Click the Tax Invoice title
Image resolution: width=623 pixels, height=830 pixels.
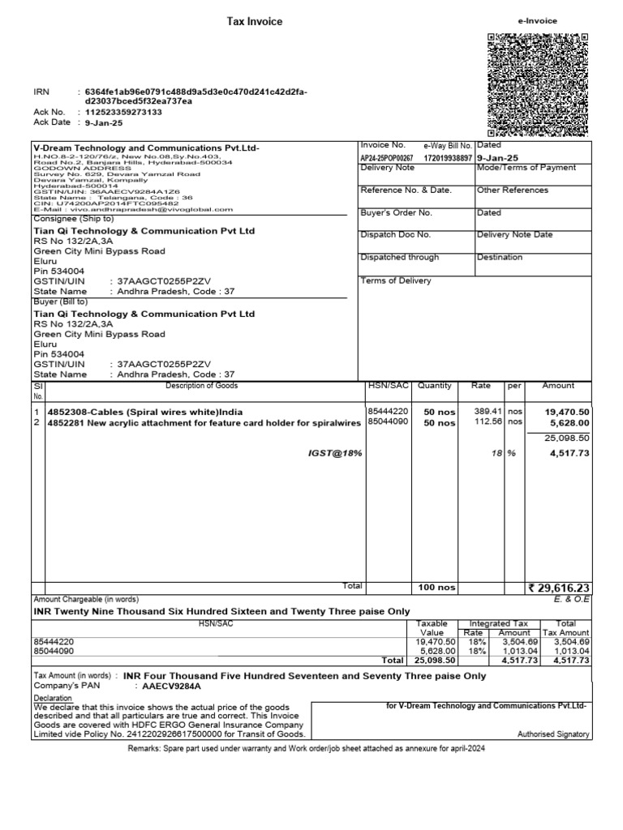(x=254, y=22)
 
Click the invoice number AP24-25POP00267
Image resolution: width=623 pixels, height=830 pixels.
(x=387, y=158)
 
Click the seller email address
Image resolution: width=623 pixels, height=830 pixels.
(x=146, y=208)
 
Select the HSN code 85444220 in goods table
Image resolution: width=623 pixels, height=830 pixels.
(x=388, y=411)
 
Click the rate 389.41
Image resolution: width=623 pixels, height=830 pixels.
(x=488, y=411)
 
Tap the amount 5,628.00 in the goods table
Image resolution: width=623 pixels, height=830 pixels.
(x=567, y=422)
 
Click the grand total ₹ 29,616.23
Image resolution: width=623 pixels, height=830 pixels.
(x=558, y=588)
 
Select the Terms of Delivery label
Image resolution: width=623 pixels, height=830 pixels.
(x=396, y=280)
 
